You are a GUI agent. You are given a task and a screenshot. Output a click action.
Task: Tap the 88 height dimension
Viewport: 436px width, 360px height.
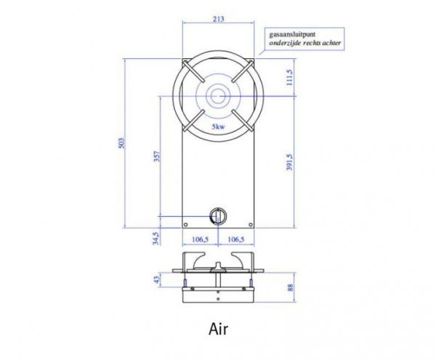tap(291, 288)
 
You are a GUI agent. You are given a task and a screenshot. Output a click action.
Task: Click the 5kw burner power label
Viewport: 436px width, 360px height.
tap(217, 127)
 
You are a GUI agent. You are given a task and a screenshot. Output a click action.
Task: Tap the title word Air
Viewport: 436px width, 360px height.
tap(218, 329)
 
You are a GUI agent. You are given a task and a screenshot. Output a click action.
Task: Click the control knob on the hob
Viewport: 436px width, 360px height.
tap(217, 215)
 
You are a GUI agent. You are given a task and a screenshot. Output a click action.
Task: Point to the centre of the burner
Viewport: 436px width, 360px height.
tap(217, 95)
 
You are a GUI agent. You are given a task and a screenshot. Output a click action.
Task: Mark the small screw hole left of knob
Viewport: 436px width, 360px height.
tap(187, 223)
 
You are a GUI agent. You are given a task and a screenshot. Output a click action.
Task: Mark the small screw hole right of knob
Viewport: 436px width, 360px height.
tap(248, 223)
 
